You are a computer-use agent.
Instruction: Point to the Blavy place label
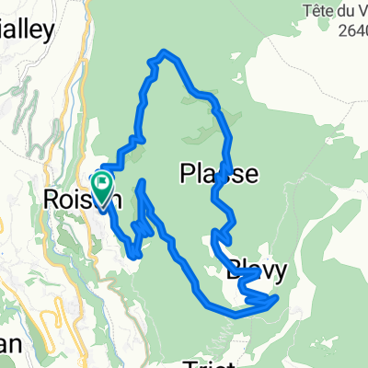tap(257, 271)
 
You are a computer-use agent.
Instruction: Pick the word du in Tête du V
tap(346, 10)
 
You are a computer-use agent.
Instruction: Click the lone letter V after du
tap(362, 10)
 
